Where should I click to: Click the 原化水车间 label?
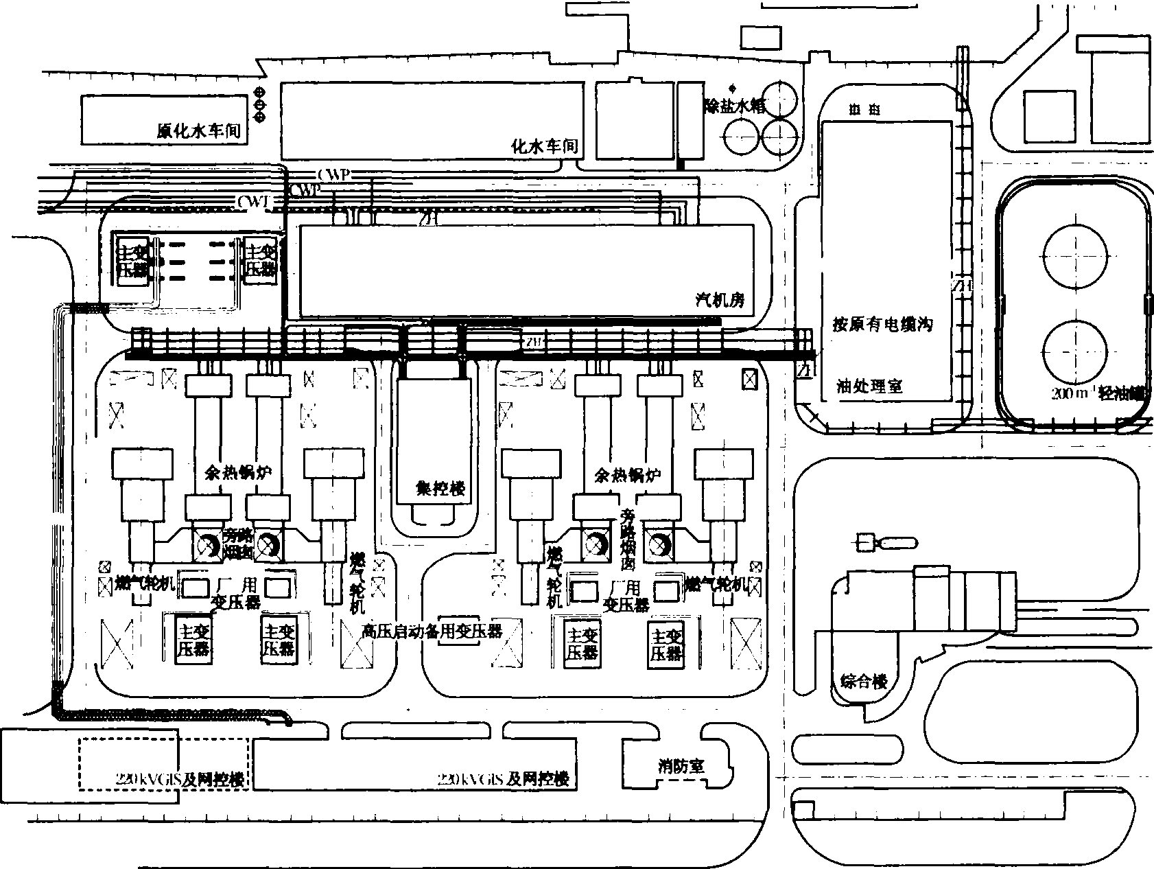(x=199, y=131)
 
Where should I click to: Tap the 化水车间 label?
(x=545, y=146)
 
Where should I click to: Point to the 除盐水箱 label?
(x=735, y=106)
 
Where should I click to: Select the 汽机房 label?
(x=720, y=299)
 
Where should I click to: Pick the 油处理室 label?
(x=869, y=386)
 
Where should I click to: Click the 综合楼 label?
(x=864, y=682)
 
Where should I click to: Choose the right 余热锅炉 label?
(x=627, y=474)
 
